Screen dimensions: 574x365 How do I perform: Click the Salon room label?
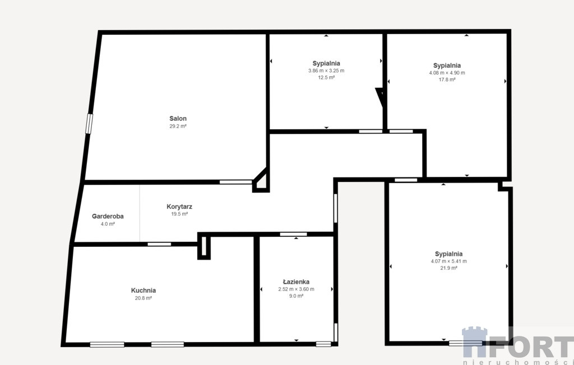(178, 119)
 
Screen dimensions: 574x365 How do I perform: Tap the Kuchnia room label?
(143, 291)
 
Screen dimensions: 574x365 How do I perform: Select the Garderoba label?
(108, 216)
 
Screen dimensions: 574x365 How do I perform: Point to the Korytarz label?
(179, 207)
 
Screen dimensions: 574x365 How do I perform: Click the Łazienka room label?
(296, 282)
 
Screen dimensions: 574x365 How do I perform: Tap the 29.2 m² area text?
(178, 126)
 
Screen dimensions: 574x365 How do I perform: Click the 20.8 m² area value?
(143, 298)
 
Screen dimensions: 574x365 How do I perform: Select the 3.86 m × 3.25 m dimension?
(326, 71)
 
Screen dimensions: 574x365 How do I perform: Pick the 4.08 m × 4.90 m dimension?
(447, 73)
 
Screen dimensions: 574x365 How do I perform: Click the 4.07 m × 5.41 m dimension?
(449, 261)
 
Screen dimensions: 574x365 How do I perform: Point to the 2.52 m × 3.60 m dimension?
(296, 289)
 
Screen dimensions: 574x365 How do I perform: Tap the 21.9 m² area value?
(449, 268)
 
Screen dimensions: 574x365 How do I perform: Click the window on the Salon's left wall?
(89, 124)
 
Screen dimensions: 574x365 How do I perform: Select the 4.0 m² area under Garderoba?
(108, 224)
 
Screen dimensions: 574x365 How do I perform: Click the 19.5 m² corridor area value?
(179, 214)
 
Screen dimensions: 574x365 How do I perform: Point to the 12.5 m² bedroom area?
(326, 78)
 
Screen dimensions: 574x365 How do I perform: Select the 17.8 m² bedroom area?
(447, 79)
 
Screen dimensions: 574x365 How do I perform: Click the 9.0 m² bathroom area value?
(296, 296)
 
